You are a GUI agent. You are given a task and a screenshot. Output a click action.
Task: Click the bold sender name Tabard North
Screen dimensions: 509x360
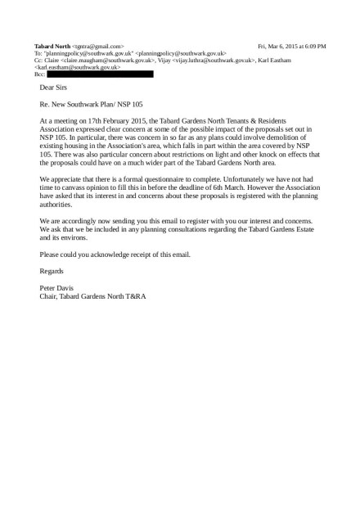click(52, 47)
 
